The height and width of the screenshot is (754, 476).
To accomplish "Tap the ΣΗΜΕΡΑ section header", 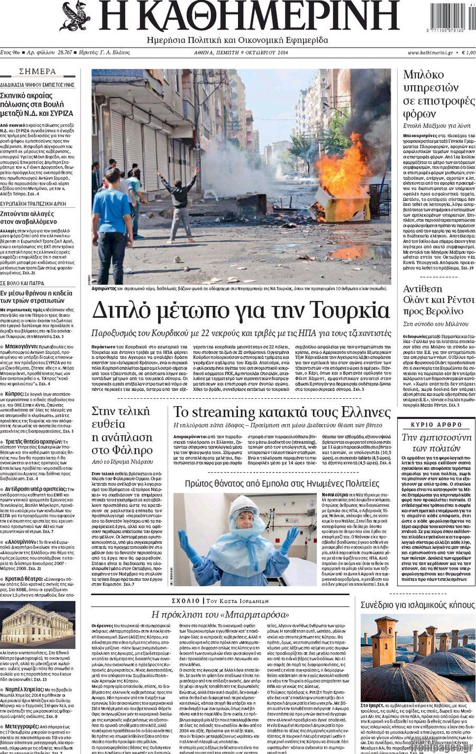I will pos(37,71).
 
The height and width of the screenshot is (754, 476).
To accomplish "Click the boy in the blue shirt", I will pos(112,217).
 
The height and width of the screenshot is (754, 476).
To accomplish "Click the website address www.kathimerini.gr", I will pos(430,53).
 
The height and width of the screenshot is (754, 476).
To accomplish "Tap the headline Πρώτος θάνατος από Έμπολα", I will pos(282,483).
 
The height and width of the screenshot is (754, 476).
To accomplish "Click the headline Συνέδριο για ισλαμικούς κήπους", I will pos(418,605).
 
